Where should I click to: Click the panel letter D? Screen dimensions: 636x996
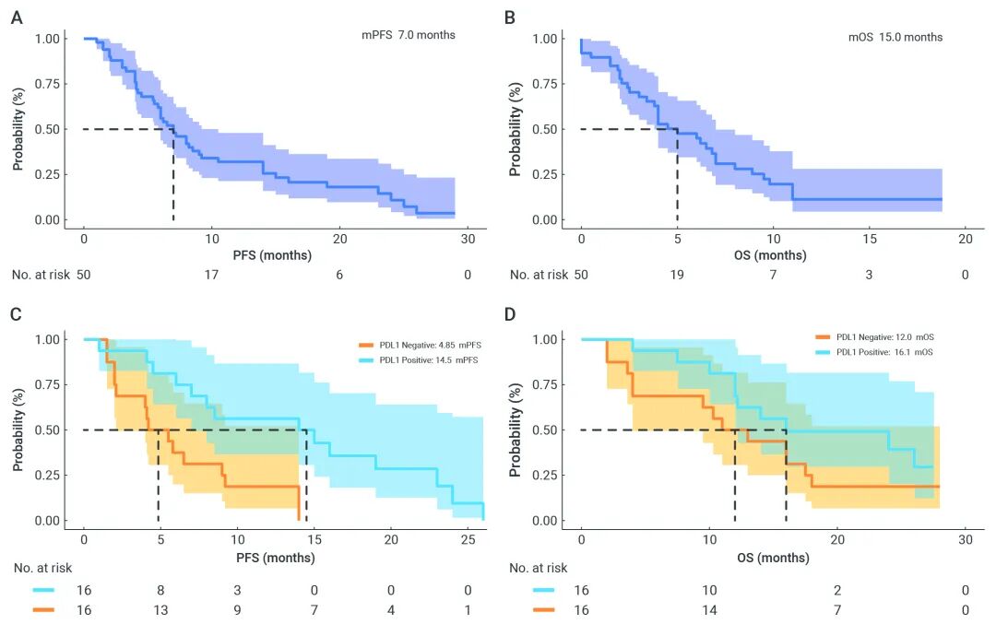(513, 314)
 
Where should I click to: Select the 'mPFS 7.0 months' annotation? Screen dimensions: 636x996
(408, 35)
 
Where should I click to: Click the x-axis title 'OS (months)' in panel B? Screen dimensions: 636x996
(772, 255)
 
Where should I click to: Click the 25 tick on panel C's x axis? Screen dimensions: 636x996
(468, 538)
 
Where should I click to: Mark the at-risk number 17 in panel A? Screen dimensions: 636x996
(211, 275)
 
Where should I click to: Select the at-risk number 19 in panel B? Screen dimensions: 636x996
(677, 275)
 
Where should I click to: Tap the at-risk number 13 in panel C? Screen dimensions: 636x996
(160, 610)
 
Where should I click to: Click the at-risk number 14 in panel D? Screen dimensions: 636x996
(709, 610)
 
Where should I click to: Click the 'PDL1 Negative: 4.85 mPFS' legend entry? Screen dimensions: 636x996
(421, 345)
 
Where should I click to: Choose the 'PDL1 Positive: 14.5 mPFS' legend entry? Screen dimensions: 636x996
(421, 359)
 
